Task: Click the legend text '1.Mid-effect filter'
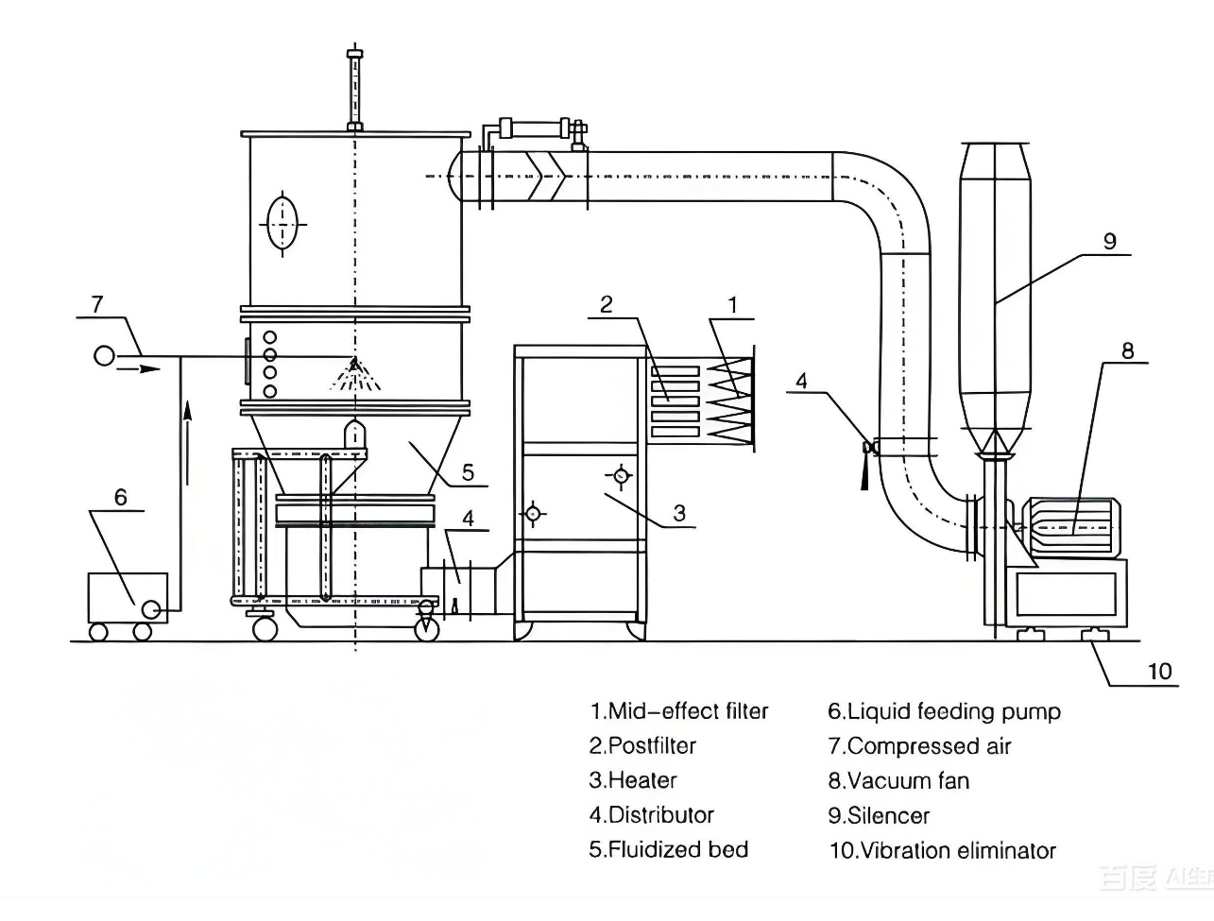[678, 711]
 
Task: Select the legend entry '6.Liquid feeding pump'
[944, 711]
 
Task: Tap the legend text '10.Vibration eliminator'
[942, 850]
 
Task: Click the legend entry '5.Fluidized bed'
[668, 849]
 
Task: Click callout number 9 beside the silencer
[1109, 241]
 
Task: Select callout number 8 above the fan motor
[1127, 350]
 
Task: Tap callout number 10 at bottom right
[1159, 671]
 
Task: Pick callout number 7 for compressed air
[96, 304]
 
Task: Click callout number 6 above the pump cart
[120, 497]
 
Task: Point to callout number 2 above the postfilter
[606, 304]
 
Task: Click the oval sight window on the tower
[282, 223]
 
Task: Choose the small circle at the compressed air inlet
[104, 355]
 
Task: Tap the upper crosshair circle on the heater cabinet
[620, 475]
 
